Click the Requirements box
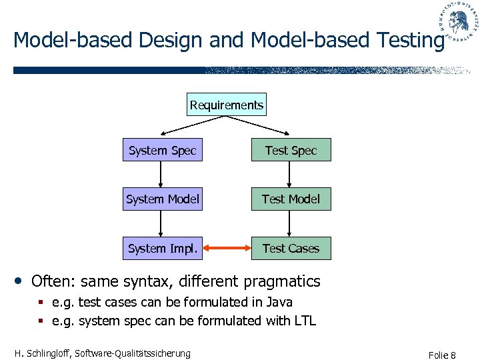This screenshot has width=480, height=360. (227, 105)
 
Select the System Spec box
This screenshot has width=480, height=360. (162, 151)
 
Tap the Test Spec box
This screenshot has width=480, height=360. (291, 151)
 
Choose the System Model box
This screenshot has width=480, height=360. (162, 199)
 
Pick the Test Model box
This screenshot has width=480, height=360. (291, 199)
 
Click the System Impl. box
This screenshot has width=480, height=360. (162, 248)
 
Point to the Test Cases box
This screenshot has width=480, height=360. (291, 248)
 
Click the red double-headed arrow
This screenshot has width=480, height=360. (227, 249)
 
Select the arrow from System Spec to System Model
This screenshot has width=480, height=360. (161, 175)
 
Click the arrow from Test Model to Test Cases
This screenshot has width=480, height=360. (289, 223)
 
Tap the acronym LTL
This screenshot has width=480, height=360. (305, 321)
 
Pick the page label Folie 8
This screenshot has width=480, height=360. (443, 355)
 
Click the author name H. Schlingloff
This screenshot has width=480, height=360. (44, 353)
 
